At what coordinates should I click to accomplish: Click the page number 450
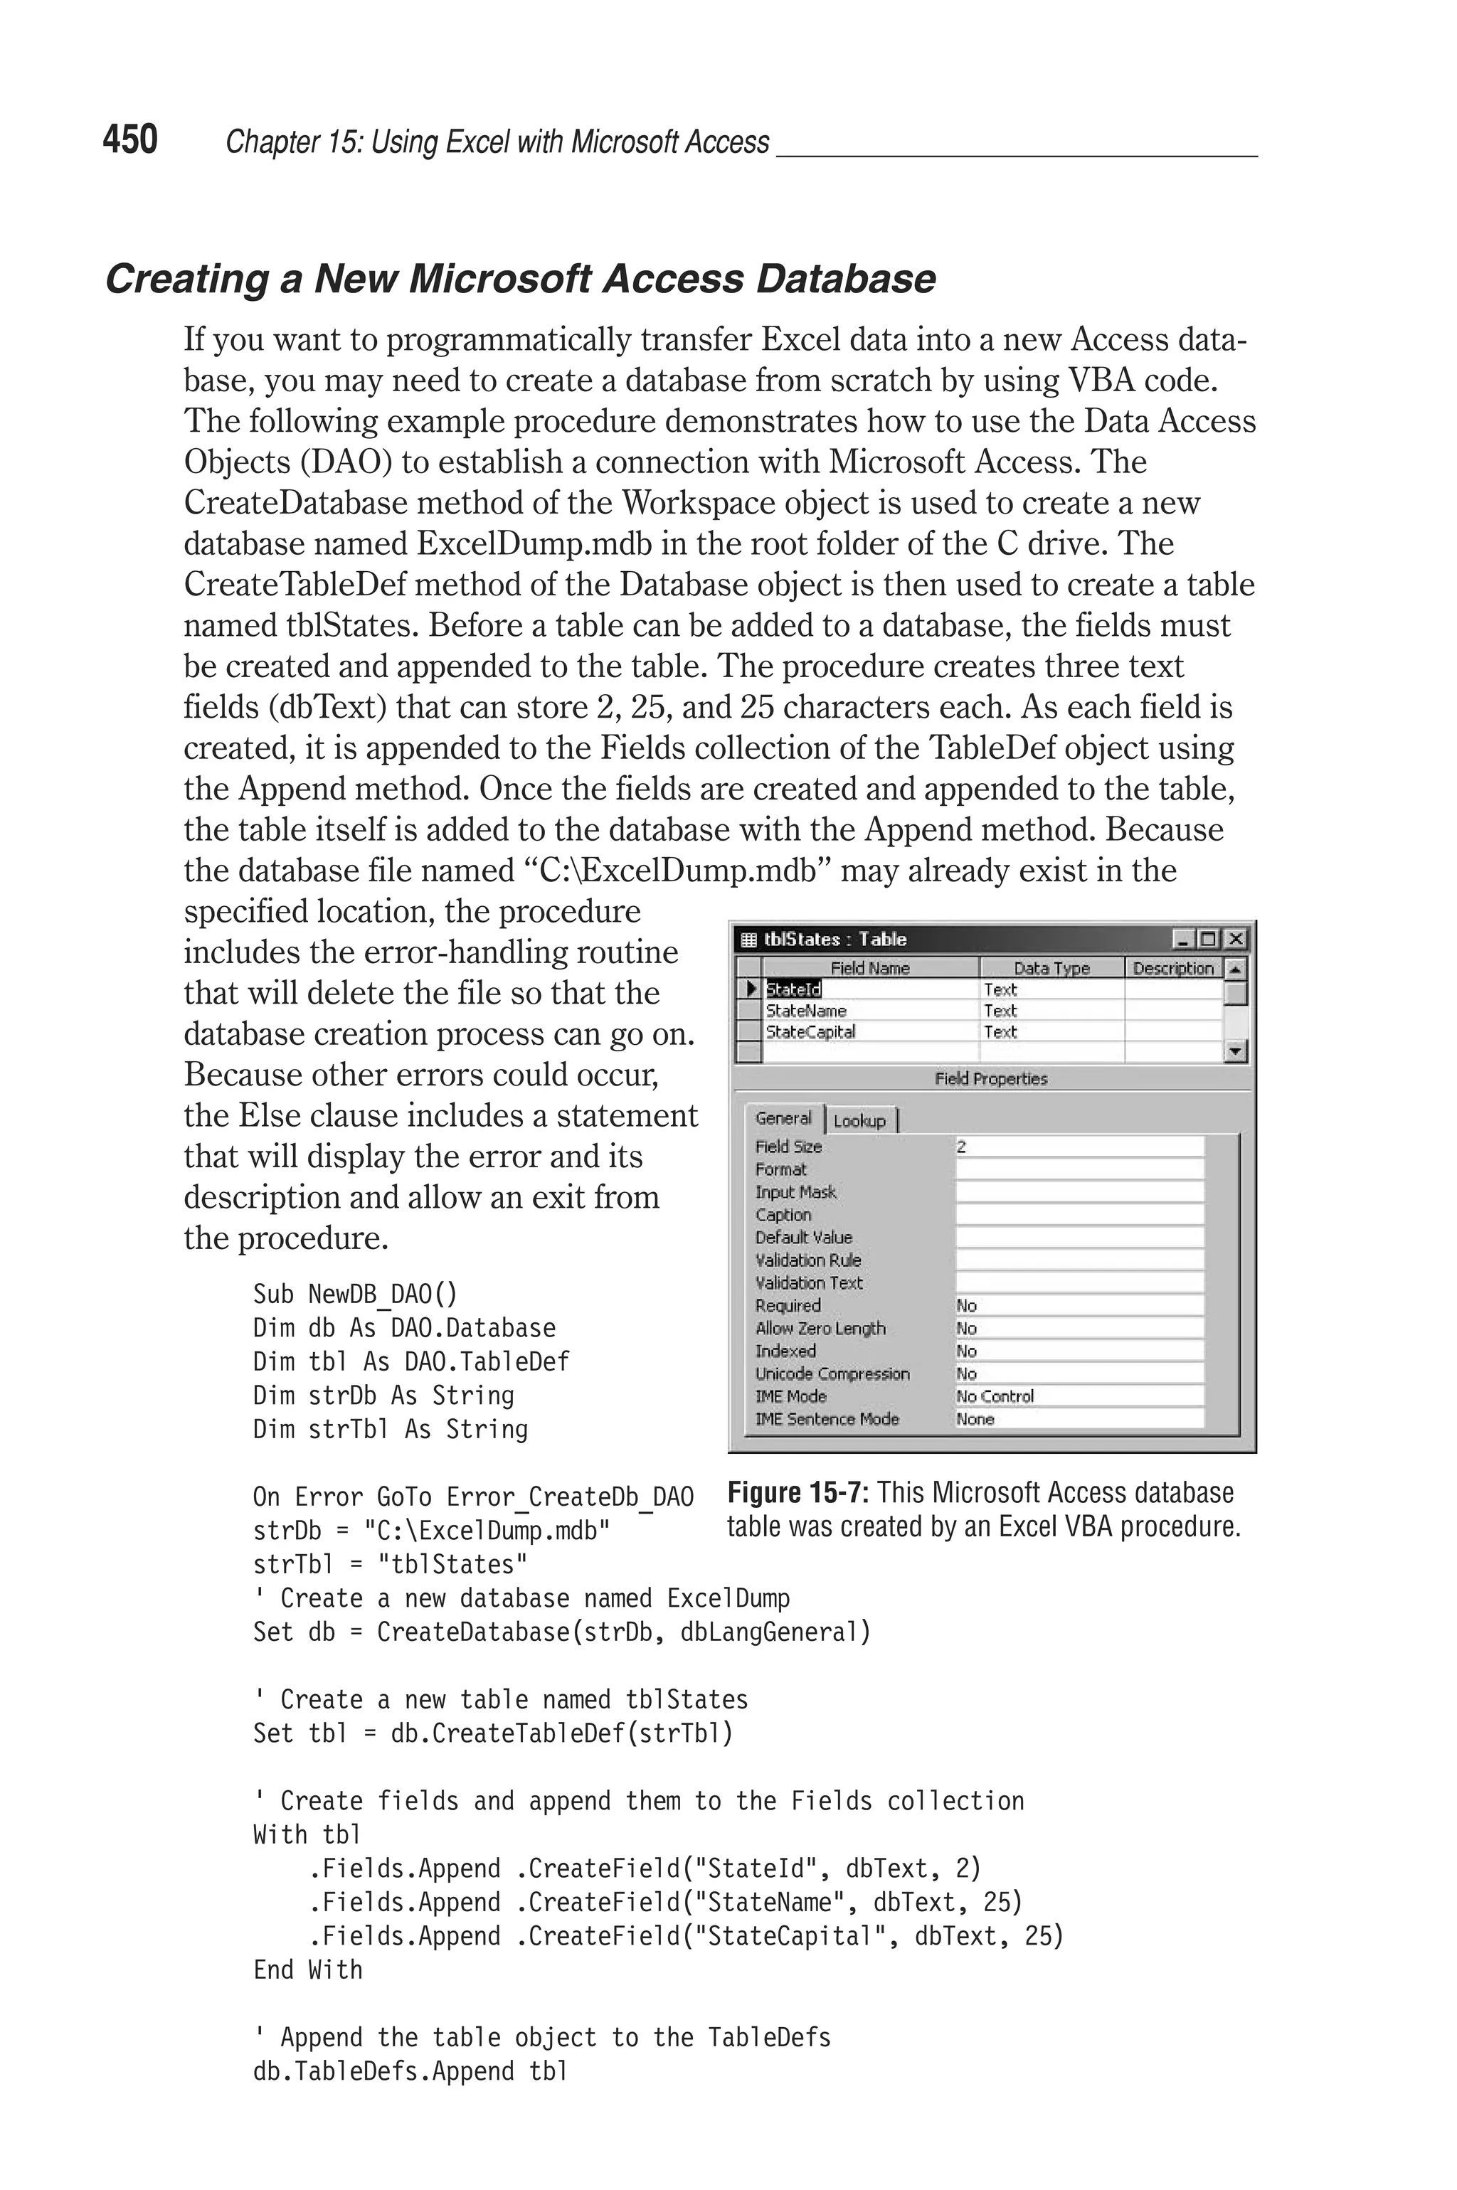130,139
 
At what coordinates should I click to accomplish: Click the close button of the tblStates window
1235,939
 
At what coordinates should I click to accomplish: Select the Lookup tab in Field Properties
859,1121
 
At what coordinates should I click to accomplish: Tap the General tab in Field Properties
783,1119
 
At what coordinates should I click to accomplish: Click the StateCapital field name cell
810,1032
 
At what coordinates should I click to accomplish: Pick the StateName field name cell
805,1011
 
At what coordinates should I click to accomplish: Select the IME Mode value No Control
995,1396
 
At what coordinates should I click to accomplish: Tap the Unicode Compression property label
832,1373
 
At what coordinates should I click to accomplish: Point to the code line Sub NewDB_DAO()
355,1294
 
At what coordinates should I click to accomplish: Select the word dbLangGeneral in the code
775,1632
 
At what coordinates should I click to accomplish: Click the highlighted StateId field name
793,990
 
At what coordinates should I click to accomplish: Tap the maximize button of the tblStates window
1208,939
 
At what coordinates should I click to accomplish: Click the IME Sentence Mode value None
975,1419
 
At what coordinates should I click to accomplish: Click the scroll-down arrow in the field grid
1235,1051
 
